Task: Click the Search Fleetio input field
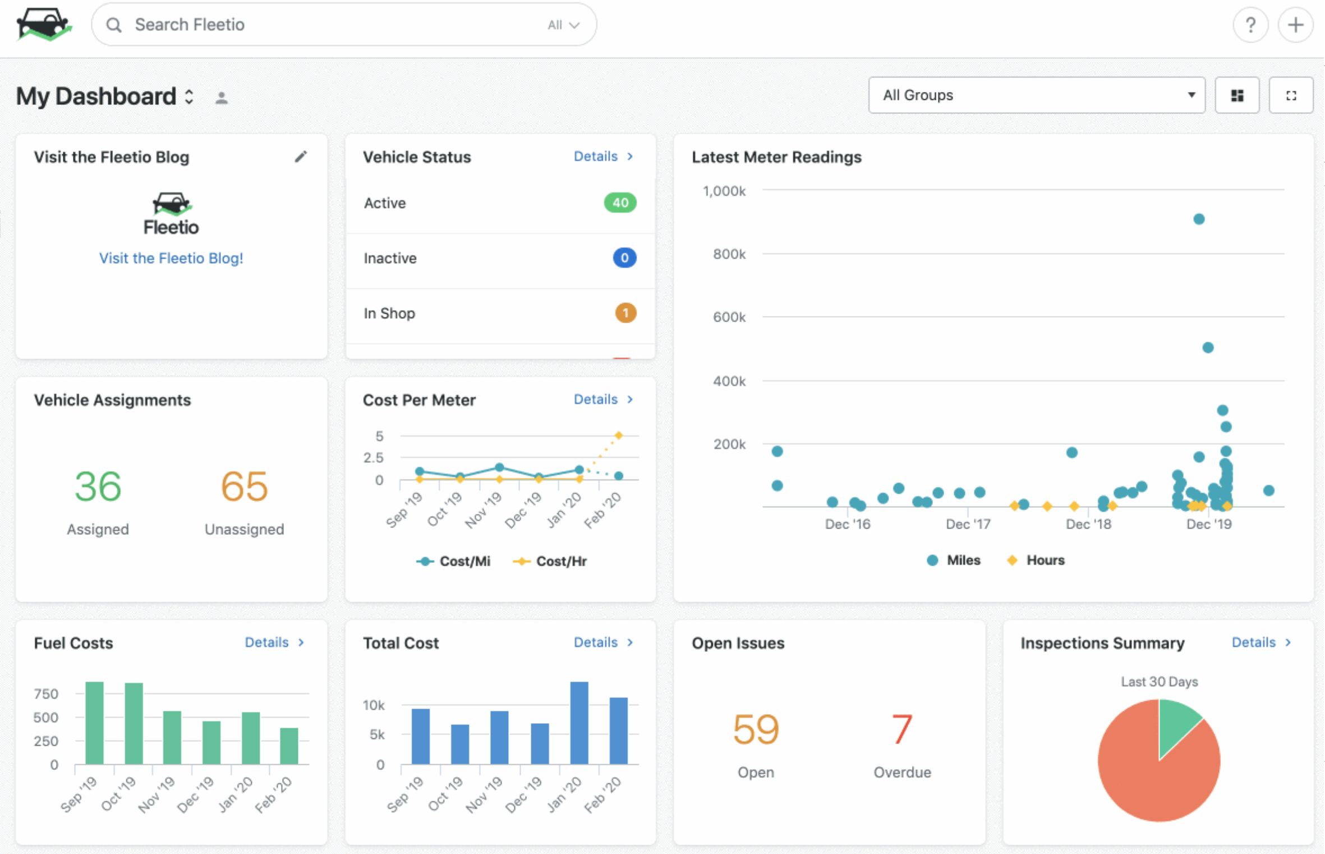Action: click(337, 25)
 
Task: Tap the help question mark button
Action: click(1250, 25)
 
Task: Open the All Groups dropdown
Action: click(1037, 95)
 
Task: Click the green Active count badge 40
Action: click(620, 203)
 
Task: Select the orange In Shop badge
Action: click(625, 313)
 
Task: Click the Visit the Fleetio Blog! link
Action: click(171, 258)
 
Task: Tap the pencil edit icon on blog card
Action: click(301, 157)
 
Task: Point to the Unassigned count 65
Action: click(245, 486)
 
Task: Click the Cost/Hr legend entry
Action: click(550, 561)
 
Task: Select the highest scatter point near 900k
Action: click(1199, 219)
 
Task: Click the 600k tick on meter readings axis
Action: click(729, 317)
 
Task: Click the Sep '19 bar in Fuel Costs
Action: click(94, 723)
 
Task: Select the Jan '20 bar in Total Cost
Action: click(579, 723)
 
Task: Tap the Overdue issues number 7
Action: click(902, 729)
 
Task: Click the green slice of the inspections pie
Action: click(1176, 724)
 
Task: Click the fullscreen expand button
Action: click(1291, 95)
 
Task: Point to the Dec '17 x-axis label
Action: click(968, 524)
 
